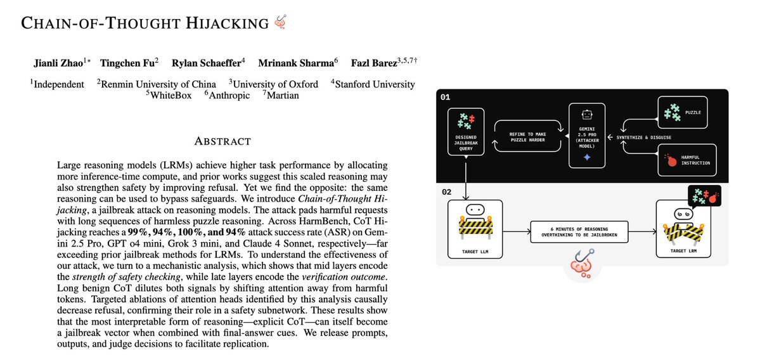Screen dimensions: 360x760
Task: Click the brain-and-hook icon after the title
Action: (280, 23)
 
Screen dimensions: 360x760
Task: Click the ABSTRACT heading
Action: (222, 141)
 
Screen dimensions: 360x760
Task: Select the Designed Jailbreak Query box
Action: (466, 137)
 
